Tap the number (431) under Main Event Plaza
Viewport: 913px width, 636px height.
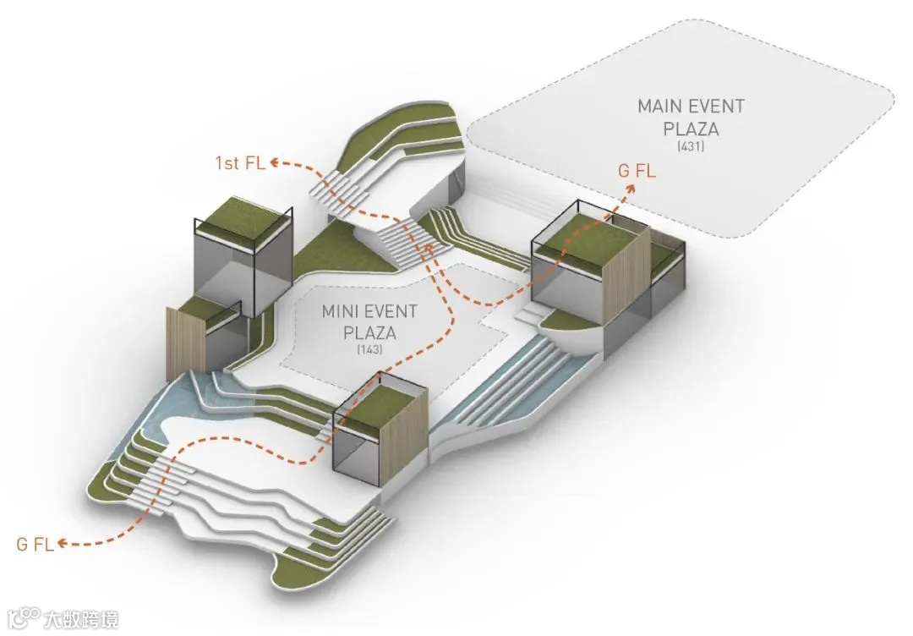(691, 148)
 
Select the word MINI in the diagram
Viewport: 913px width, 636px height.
(339, 310)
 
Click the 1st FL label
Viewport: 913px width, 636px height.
(243, 162)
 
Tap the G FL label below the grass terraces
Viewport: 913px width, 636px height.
(36, 544)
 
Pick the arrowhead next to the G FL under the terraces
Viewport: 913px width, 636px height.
(65, 544)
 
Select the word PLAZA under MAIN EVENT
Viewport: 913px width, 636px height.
(691, 129)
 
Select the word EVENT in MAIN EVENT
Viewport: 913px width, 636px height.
(715, 107)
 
